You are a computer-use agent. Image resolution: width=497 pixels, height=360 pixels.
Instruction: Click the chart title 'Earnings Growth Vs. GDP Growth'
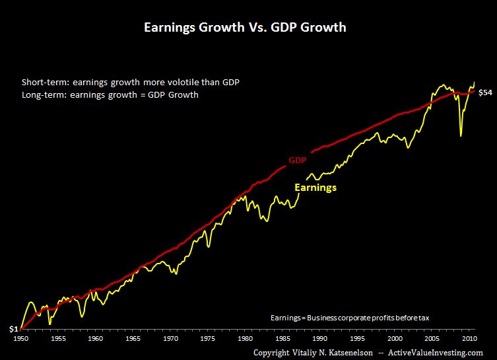tap(245, 28)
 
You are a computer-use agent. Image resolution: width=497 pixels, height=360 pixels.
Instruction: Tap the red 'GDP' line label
tap(298, 160)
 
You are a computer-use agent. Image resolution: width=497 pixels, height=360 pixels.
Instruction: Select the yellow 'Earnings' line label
tap(315, 188)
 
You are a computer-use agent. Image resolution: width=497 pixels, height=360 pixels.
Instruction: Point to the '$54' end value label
tap(485, 92)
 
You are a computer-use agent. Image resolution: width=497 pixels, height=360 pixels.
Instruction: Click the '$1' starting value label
tap(13, 328)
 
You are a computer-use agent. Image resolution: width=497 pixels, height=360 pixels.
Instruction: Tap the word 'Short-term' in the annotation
tap(41, 82)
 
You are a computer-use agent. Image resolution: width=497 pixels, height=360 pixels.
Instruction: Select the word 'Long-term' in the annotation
tap(40, 94)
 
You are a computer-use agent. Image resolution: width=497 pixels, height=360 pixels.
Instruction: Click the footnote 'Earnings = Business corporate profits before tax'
tap(350, 318)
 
